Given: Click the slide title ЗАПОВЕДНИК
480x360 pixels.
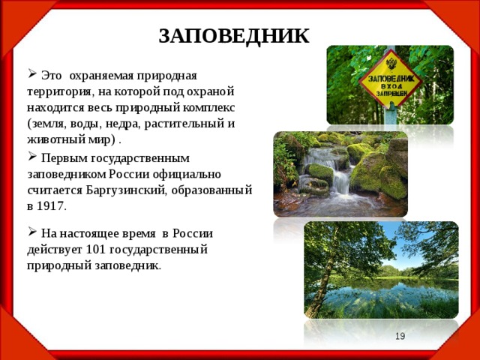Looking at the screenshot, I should point(234,35).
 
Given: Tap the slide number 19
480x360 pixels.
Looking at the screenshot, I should point(400,337).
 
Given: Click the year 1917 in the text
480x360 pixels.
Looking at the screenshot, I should point(51,205).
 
